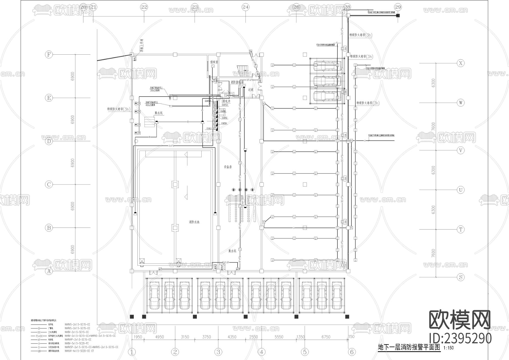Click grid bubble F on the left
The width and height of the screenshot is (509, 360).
tap(49, 55)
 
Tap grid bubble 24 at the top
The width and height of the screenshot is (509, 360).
tap(245, 7)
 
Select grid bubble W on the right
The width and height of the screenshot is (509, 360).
tap(461, 103)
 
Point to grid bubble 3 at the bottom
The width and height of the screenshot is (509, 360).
tap(218, 352)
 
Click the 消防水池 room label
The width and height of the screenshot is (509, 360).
tap(194, 222)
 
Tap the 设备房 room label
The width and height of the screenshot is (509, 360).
tap(228, 167)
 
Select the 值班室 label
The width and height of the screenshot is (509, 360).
tap(213, 62)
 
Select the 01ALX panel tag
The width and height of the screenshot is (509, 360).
tap(209, 128)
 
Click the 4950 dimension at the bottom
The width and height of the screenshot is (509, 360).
tap(159, 337)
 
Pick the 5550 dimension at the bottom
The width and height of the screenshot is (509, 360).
tap(279, 337)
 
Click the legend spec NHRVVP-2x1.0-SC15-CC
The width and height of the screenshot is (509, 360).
tap(78, 339)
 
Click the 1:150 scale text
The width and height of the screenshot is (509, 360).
tap(449, 348)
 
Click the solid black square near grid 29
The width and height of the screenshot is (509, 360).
tap(398, 15)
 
